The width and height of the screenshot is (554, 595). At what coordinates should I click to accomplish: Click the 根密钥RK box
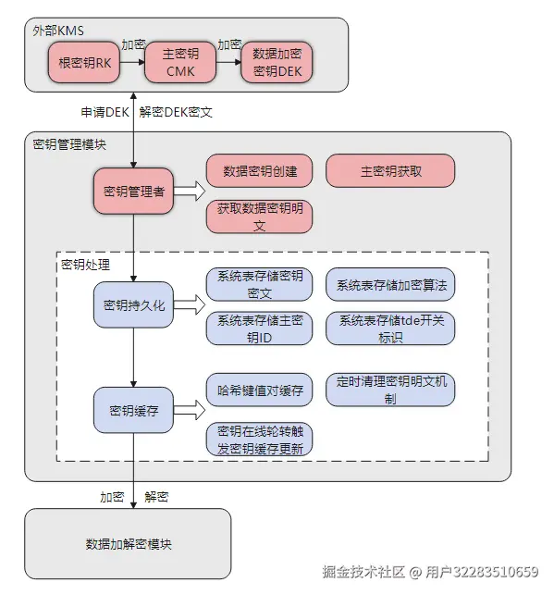click(x=84, y=63)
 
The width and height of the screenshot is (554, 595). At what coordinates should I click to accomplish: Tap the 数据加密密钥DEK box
click(x=277, y=63)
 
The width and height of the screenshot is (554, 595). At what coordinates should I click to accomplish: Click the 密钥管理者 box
click(x=133, y=192)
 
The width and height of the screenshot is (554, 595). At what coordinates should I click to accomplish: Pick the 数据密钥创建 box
click(x=260, y=171)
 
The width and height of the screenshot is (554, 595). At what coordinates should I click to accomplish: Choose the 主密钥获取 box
click(x=390, y=171)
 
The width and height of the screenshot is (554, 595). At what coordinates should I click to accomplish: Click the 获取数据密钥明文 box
click(x=260, y=217)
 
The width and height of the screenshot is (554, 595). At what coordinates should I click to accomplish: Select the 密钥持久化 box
click(x=133, y=304)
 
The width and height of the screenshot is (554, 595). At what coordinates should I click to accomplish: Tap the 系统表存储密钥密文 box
click(x=260, y=284)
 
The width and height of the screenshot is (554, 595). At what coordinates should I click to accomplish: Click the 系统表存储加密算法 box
click(x=390, y=285)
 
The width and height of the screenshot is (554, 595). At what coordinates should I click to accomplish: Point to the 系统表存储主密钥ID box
click(x=260, y=328)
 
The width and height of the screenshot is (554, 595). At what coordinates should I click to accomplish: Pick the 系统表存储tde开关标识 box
click(x=390, y=328)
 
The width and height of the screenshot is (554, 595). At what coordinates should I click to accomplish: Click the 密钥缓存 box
click(x=133, y=410)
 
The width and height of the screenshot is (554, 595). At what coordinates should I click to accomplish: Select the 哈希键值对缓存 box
click(x=260, y=390)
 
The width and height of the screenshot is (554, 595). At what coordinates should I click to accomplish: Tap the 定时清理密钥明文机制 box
click(x=390, y=390)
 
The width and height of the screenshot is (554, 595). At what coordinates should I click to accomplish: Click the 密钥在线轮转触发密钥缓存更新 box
click(x=260, y=440)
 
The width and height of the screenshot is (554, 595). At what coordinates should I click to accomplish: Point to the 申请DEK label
click(x=104, y=112)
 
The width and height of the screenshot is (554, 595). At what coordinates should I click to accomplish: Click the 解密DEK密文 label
click(x=176, y=112)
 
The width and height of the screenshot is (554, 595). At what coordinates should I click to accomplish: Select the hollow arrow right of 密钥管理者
click(x=189, y=192)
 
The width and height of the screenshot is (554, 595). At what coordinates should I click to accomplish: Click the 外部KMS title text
click(x=58, y=30)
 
